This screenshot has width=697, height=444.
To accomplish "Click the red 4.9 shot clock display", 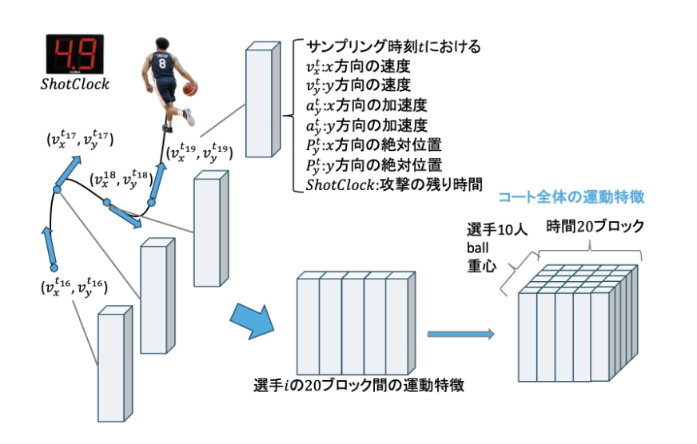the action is [74, 54].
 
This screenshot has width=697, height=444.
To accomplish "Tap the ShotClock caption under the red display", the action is [74, 84].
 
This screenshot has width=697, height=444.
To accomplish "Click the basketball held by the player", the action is [189, 89].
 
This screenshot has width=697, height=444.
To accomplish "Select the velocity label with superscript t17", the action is [80, 138].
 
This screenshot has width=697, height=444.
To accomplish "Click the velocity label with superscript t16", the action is [74, 287].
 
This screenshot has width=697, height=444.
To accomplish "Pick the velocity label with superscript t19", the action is [199, 153].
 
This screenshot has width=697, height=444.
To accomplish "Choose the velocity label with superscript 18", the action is [121, 179].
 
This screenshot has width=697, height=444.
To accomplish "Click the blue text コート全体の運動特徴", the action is [572, 197].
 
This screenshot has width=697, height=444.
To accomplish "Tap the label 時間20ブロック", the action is [595, 227].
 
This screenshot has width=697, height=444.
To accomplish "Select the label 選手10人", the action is [497, 229].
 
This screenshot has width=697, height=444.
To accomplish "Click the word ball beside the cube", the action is [477, 248].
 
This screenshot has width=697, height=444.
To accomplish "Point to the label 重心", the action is [482, 266].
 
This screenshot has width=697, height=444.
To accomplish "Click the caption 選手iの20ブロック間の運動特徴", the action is [359, 385].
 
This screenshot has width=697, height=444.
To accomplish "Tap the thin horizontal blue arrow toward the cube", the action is [460, 334].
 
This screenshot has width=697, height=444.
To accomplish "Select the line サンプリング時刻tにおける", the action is [393, 46].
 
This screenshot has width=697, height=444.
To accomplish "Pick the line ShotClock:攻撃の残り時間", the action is [394, 184].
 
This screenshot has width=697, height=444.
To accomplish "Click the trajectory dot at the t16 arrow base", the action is [54, 268].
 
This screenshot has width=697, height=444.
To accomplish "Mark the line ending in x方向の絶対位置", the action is [374, 145].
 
